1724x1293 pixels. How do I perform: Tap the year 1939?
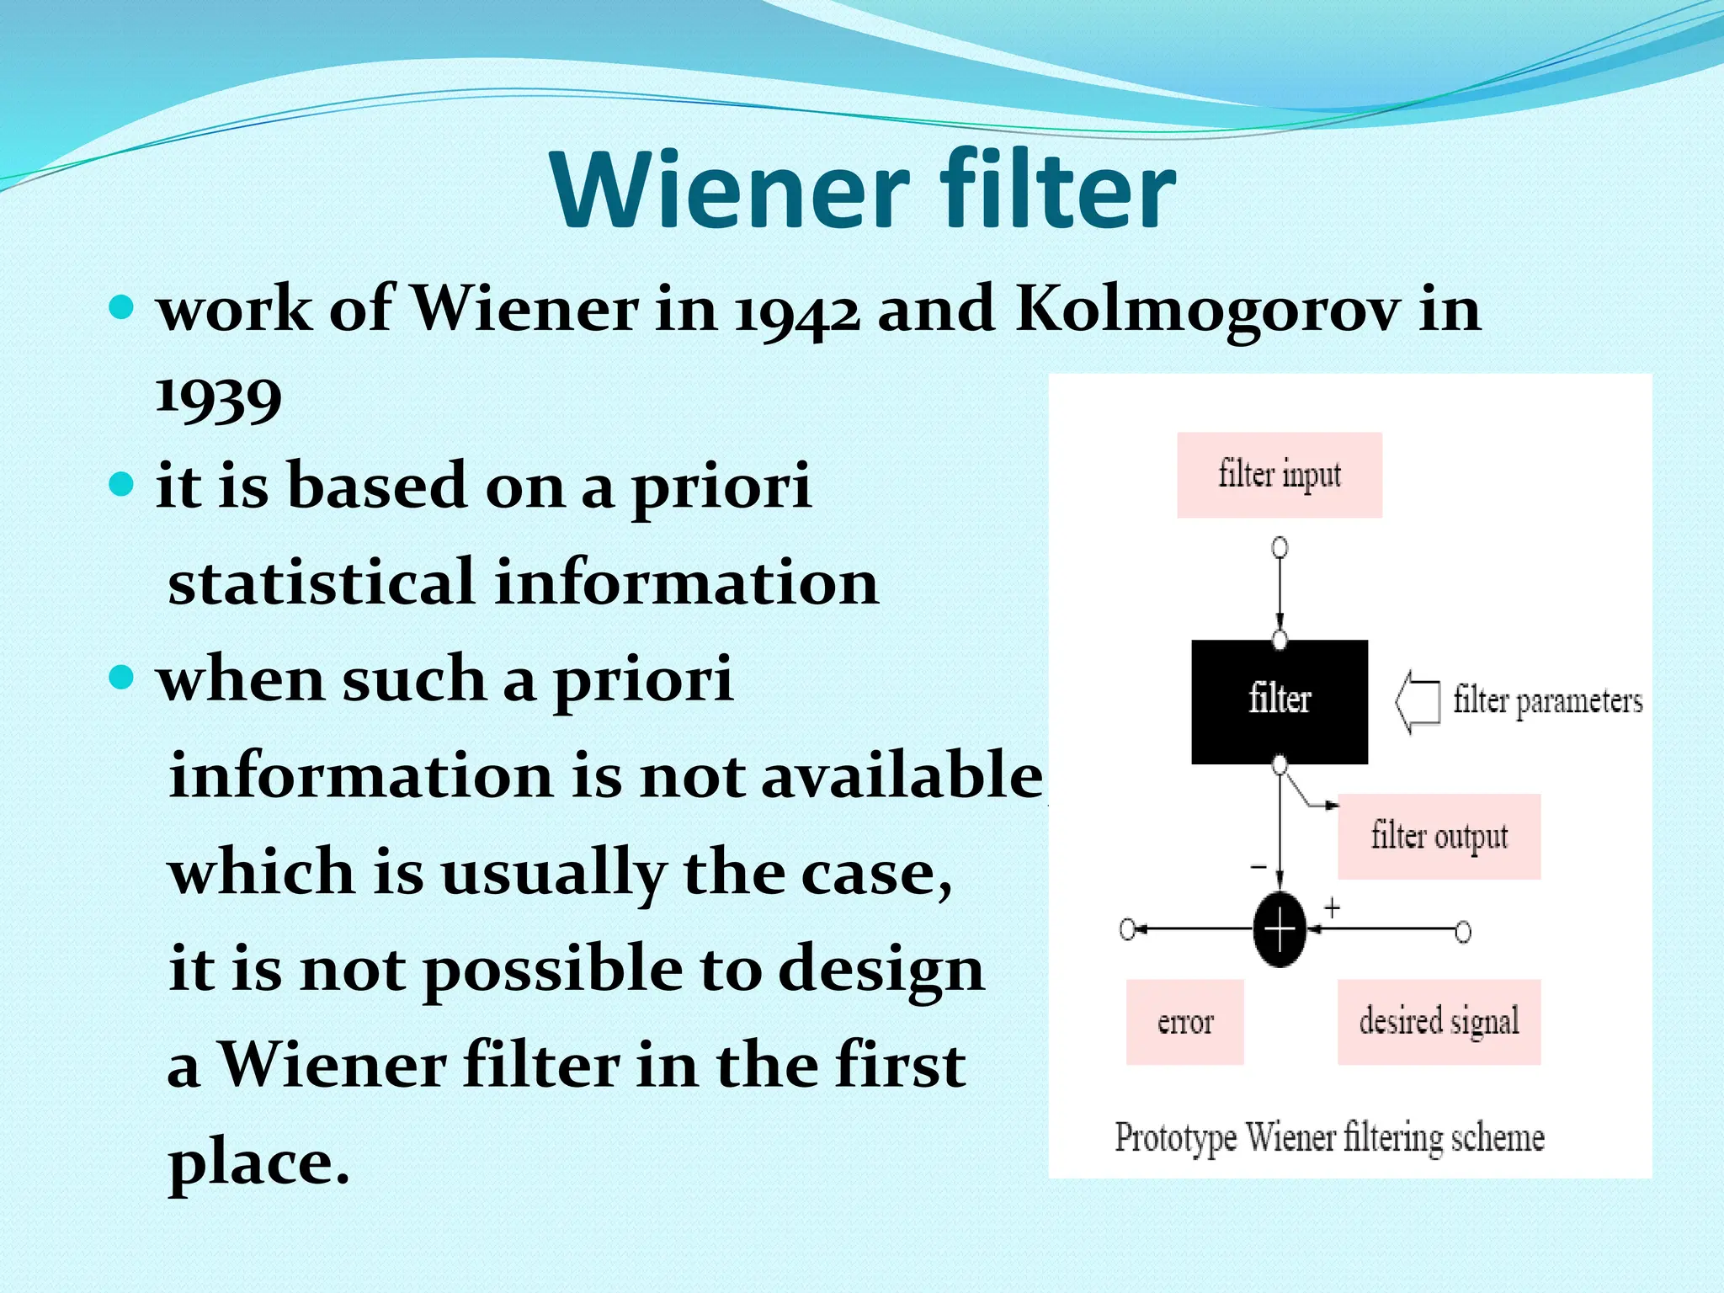click(x=218, y=397)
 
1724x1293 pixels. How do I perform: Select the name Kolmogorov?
click(x=1207, y=309)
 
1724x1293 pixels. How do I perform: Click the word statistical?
click(x=322, y=583)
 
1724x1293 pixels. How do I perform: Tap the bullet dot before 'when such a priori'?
click(x=122, y=677)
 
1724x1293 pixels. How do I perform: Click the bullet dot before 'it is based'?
click(x=122, y=484)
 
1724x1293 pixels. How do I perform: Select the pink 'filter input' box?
click(x=1279, y=475)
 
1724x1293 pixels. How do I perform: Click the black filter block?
click(x=1279, y=701)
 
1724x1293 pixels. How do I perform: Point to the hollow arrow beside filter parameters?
click(x=1418, y=701)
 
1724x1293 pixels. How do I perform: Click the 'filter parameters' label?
click(x=1547, y=701)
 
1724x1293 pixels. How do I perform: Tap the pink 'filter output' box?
click(x=1439, y=837)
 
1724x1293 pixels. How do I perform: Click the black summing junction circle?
click(x=1280, y=929)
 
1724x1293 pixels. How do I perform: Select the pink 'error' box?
click(x=1184, y=1022)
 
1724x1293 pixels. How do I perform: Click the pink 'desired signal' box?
click(x=1439, y=1022)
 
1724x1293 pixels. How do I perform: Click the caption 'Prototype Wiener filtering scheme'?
click(x=1329, y=1138)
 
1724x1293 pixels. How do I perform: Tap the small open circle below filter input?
click(x=1280, y=548)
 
